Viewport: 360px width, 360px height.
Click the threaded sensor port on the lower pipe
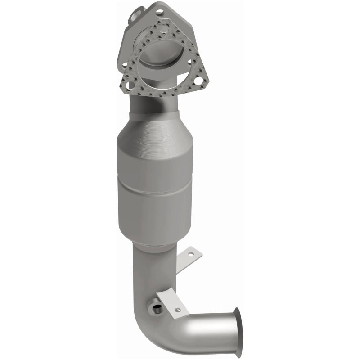point(157,309)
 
